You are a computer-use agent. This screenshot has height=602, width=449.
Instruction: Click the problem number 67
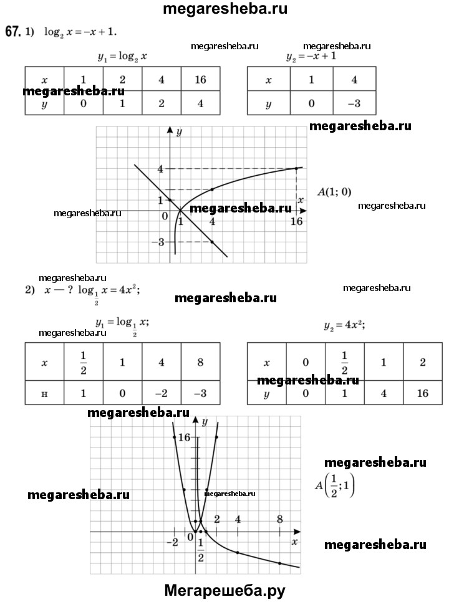[12, 31]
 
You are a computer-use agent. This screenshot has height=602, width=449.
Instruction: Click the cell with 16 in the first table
[200, 80]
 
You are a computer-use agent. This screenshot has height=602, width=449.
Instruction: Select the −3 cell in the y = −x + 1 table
[354, 103]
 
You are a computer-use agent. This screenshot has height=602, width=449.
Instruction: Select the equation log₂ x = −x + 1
[80, 31]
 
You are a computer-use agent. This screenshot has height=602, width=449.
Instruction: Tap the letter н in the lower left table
[44, 393]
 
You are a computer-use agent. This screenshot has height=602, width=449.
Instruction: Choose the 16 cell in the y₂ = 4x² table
[422, 393]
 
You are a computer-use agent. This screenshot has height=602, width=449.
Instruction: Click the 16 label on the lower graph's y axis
[183, 437]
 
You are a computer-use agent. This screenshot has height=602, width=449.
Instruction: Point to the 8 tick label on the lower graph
[279, 518]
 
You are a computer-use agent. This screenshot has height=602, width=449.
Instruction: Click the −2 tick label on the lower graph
[172, 542]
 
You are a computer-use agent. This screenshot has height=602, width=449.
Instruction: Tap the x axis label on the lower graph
[294, 542]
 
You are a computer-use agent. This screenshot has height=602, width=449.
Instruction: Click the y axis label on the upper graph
[178, 132]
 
